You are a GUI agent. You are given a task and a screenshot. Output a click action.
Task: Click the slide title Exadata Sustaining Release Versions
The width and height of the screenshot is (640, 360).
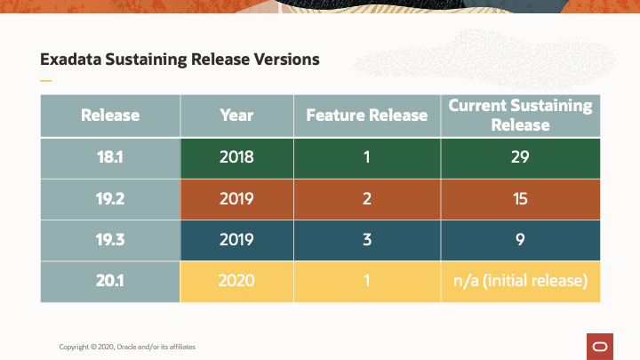pyautogui.click(x=180, y=60)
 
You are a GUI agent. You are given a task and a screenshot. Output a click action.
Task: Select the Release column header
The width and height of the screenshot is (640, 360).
pyautogui.click(x=110, y=116)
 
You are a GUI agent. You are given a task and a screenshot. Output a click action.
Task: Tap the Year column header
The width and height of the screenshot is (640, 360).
pyautogui.click(x=236, y=116)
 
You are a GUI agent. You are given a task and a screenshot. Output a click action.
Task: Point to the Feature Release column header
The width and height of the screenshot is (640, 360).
pyautogui.click(x=366, y=116)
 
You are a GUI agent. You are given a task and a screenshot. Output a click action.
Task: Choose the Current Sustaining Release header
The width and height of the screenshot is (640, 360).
pyautogui.click(x=520, y=116)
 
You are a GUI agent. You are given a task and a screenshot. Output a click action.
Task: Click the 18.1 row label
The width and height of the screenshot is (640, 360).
pyautogui.click(x=110, y=157)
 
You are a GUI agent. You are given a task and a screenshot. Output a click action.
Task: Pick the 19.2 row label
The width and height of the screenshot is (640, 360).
pyautogui.click(x=110, y=198)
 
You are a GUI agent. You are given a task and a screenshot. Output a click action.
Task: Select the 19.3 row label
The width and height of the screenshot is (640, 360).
pyautogui.click(x=110, y=240)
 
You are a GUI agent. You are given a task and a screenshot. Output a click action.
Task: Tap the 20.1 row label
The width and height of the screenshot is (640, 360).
pyautogui.click(x=110, y=281)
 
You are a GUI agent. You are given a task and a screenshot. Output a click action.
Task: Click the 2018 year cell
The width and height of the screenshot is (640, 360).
pyautogui.click(x=236, y=157)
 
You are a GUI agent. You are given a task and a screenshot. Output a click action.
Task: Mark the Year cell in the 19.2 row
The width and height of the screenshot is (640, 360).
pyautogui.click(x=236, y=198)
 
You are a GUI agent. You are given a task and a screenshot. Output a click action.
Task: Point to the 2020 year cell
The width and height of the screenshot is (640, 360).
pyautogui.click(x=236, y=281)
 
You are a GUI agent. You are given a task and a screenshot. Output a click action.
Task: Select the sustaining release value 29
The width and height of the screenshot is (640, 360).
pyautogui.click(x=520, y=157)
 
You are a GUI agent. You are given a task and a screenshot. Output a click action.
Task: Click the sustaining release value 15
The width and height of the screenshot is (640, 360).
pyautogui.click(x=520, y=198)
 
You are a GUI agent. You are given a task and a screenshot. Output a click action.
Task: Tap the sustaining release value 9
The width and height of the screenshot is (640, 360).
pyautogui.click(x=520, y=240)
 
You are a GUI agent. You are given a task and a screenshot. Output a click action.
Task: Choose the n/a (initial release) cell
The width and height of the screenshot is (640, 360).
pyautogui.click(x=520, y=281)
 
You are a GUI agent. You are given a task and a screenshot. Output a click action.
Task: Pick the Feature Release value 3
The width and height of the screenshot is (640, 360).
pyautogui.click(x=366, y=240)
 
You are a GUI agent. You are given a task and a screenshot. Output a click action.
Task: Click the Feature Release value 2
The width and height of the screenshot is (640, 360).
pyautogui.click(x=366, y=198)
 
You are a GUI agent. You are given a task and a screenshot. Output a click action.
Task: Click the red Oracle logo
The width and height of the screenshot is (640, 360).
pyautogui.click(x=599, y=346)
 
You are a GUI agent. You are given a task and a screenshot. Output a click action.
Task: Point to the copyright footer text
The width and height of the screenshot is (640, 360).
pyautogui.click(x=127, y=346)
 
